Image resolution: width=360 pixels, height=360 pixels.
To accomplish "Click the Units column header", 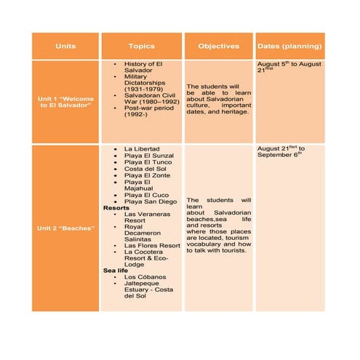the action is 65,46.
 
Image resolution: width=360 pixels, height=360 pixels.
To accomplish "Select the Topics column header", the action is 141,46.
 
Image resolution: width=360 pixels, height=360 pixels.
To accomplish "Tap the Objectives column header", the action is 218,46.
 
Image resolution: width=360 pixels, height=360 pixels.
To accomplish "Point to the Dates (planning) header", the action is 290,46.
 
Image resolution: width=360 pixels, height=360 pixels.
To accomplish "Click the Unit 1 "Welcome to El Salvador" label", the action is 65,102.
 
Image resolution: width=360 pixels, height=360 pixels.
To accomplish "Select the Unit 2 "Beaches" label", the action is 65,228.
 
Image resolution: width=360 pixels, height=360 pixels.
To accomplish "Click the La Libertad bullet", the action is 142,149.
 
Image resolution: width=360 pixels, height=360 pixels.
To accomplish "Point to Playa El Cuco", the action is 146,194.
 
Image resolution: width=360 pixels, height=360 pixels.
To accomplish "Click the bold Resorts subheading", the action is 116,208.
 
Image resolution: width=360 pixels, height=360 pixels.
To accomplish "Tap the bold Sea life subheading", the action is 116,271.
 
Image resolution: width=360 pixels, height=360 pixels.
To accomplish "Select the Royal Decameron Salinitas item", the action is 143,234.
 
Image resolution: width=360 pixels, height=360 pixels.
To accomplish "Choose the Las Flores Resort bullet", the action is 152,246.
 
